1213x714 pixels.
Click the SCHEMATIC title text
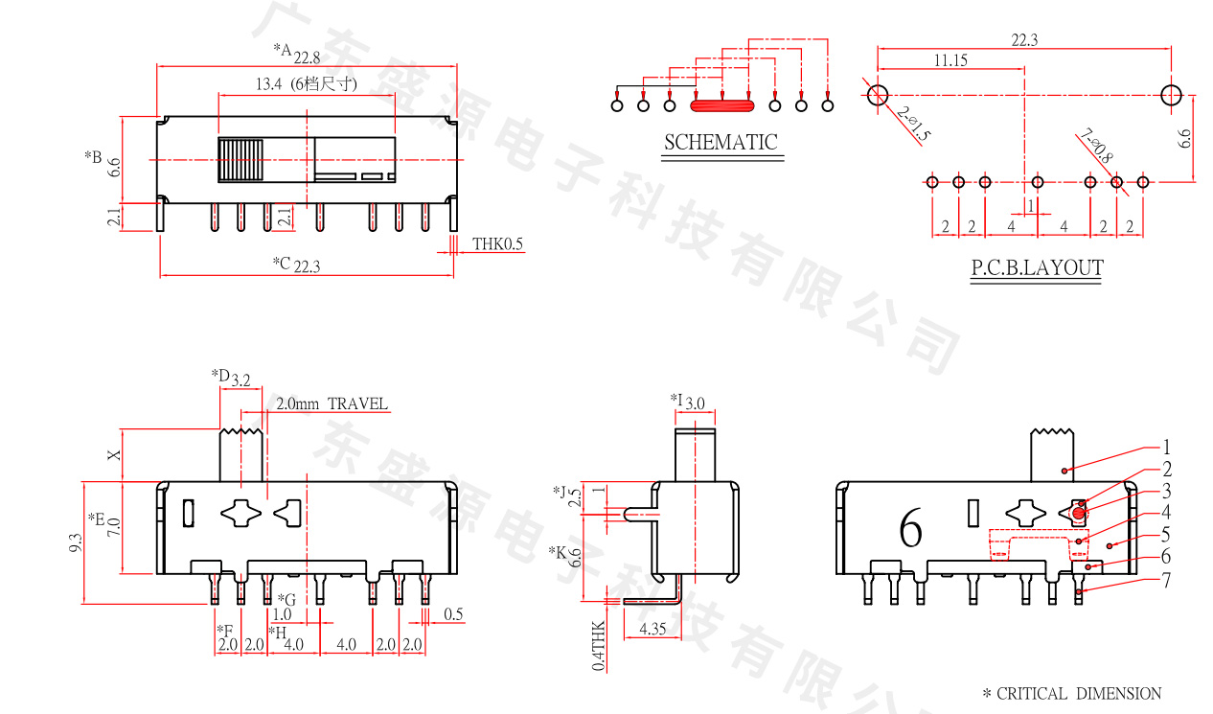coord(721,143)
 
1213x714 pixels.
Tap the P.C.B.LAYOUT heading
coord(1037,268)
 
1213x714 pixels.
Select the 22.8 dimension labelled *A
coord(307,58)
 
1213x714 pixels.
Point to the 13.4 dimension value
coord(267,84)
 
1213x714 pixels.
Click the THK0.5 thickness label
coord(497,244)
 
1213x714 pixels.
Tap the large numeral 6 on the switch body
coord(910,528)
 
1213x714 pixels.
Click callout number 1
coord(1166,447)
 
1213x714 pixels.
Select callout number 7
coord(1166,580)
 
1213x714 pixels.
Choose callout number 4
coord(1166,513)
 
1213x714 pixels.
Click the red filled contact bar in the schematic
coord(722,104)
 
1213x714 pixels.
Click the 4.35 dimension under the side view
coord(651,630)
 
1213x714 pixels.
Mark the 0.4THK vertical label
coord(598,644)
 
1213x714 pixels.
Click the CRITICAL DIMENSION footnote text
coord(1078,693)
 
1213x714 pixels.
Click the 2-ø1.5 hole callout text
coord(914,124)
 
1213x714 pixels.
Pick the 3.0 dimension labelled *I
coord(695,403)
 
